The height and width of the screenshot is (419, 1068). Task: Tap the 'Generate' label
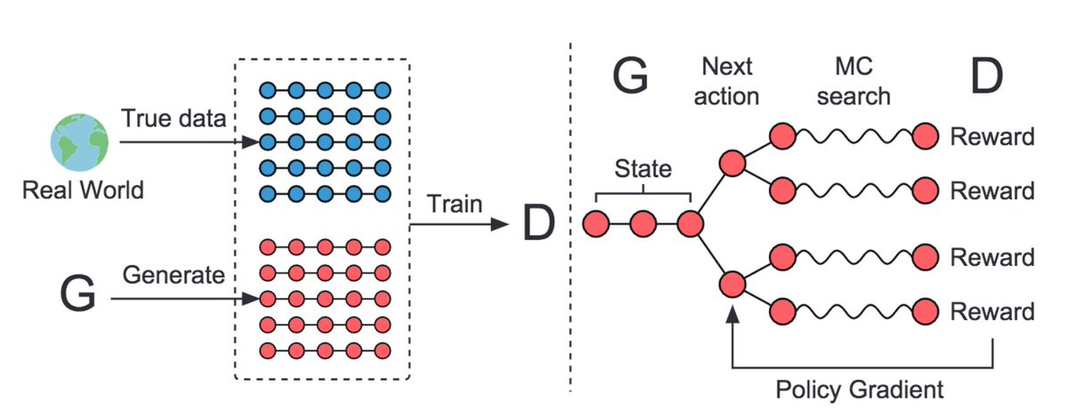coord(174,275)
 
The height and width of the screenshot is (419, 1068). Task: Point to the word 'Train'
coord(456,204)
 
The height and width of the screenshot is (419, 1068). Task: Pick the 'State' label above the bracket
coord(643,168)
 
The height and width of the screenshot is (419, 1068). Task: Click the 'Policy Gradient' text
coord(860,389)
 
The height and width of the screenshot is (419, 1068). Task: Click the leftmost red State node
coord(597,224)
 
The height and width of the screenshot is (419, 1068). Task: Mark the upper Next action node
coord(732,164)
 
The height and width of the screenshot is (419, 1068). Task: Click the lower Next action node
coord(732,285)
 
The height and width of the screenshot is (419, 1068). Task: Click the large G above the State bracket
coord(631,78)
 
